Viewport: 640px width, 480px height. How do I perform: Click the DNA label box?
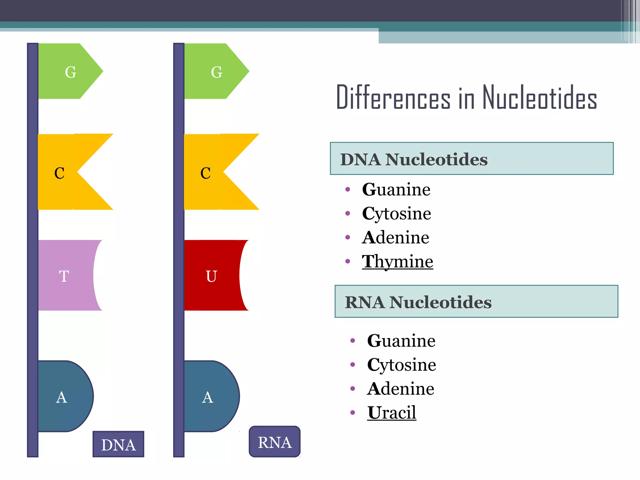click(x=118, y=444)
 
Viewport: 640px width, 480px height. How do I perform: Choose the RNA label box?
click(x=275, y=442)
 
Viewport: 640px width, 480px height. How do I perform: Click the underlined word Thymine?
click(x=397, y=261)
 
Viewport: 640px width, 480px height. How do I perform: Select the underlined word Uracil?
click(x=392, y=412)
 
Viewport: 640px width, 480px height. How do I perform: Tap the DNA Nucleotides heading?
click(x=414, y=159)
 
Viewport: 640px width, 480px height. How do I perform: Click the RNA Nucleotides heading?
click(x=418, y=302)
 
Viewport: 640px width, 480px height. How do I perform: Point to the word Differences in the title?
click(x=393, y=97)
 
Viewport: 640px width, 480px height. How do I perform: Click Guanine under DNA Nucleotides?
click(x=396, y=189)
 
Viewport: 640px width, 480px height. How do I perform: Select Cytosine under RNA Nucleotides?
click(x=402, y=365)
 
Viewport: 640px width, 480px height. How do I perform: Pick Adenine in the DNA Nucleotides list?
click(x=396, y=237)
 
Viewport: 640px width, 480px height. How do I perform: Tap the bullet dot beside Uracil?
click(x=353, y=413)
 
